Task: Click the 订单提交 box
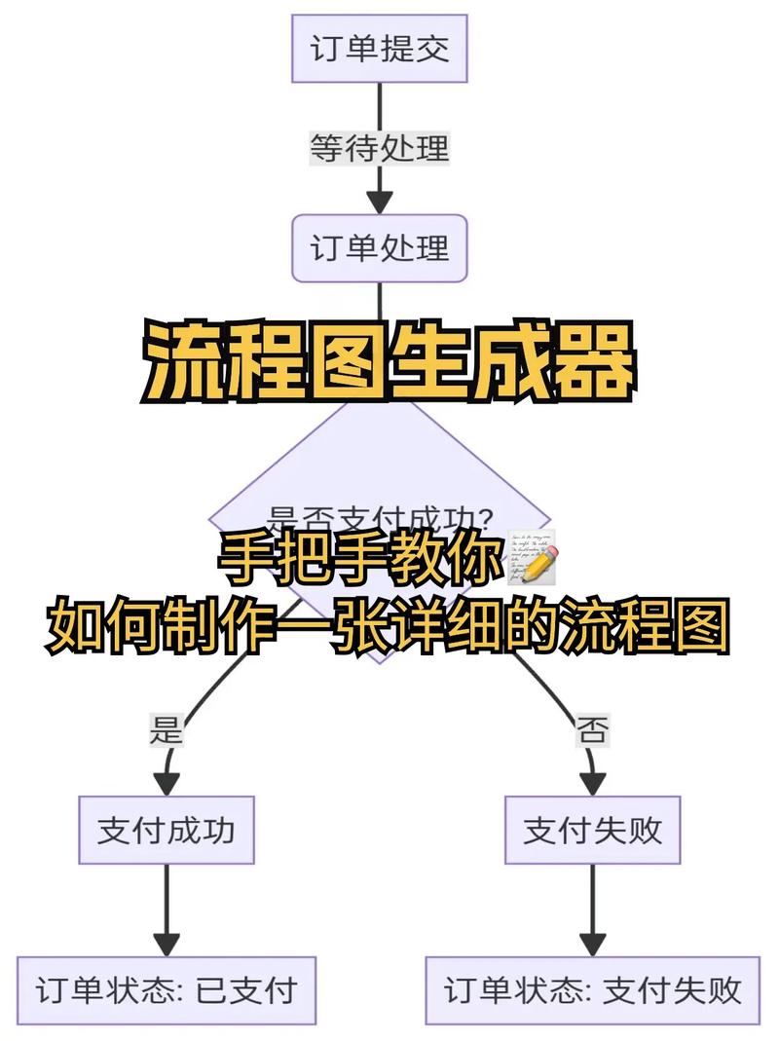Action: (380, 49)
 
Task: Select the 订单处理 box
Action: (380, 248)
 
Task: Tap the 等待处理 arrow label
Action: (380, 148)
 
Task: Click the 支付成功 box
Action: (166, 830)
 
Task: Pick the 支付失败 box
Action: (593, 830)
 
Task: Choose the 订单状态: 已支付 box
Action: (166, 990)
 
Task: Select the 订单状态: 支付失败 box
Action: (593, 990)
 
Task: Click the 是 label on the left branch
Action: (166, 728)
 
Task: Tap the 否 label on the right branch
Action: (593, 728)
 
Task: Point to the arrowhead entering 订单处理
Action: (380, 203)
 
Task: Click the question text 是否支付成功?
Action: (380, 517)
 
